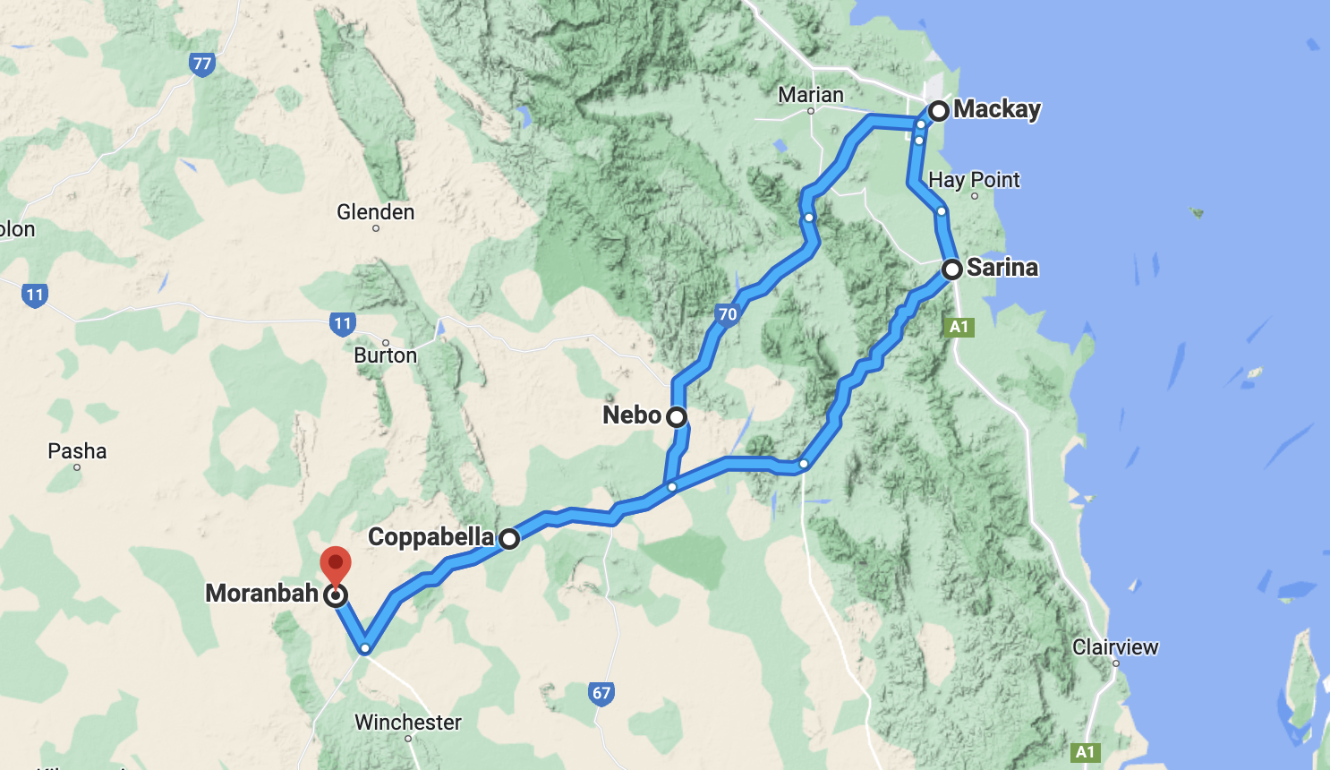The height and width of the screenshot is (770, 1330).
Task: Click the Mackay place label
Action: (996, 109)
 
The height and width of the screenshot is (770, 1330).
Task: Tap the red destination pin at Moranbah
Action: (336, 565)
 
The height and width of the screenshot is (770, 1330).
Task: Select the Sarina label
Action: (1002, 267)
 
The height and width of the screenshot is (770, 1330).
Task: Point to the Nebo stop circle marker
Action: (677, 416)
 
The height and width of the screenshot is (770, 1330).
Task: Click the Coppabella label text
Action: (431, 537)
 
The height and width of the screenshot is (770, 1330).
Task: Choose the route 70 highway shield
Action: (728, 314)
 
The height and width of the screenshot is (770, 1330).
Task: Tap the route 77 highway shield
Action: (202, 64)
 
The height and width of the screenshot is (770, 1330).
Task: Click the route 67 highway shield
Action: (601, 693)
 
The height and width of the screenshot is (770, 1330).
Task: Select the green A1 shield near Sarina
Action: (959, 327)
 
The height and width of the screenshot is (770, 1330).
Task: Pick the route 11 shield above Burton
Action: (343, 323)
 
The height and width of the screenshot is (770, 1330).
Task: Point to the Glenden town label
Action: (376, 212)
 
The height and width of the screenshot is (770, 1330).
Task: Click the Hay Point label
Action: (974, 180)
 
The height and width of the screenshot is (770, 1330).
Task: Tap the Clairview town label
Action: (1115, 647)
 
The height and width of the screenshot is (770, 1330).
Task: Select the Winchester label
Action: (408, 723)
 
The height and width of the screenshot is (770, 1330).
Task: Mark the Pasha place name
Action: (77, 451)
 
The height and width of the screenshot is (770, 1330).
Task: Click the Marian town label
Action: (811, 95)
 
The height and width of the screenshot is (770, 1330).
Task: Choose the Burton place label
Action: (386, 355)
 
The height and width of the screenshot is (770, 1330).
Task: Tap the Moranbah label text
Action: (261, 593)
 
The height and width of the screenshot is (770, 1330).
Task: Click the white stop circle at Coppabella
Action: (509, 539)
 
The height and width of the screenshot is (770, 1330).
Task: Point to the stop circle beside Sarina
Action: (952, 269)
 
